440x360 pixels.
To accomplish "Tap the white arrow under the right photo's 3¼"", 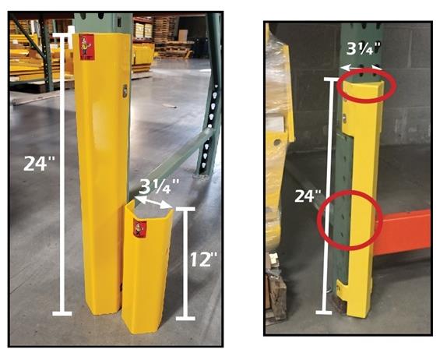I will (x=364, y=69).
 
